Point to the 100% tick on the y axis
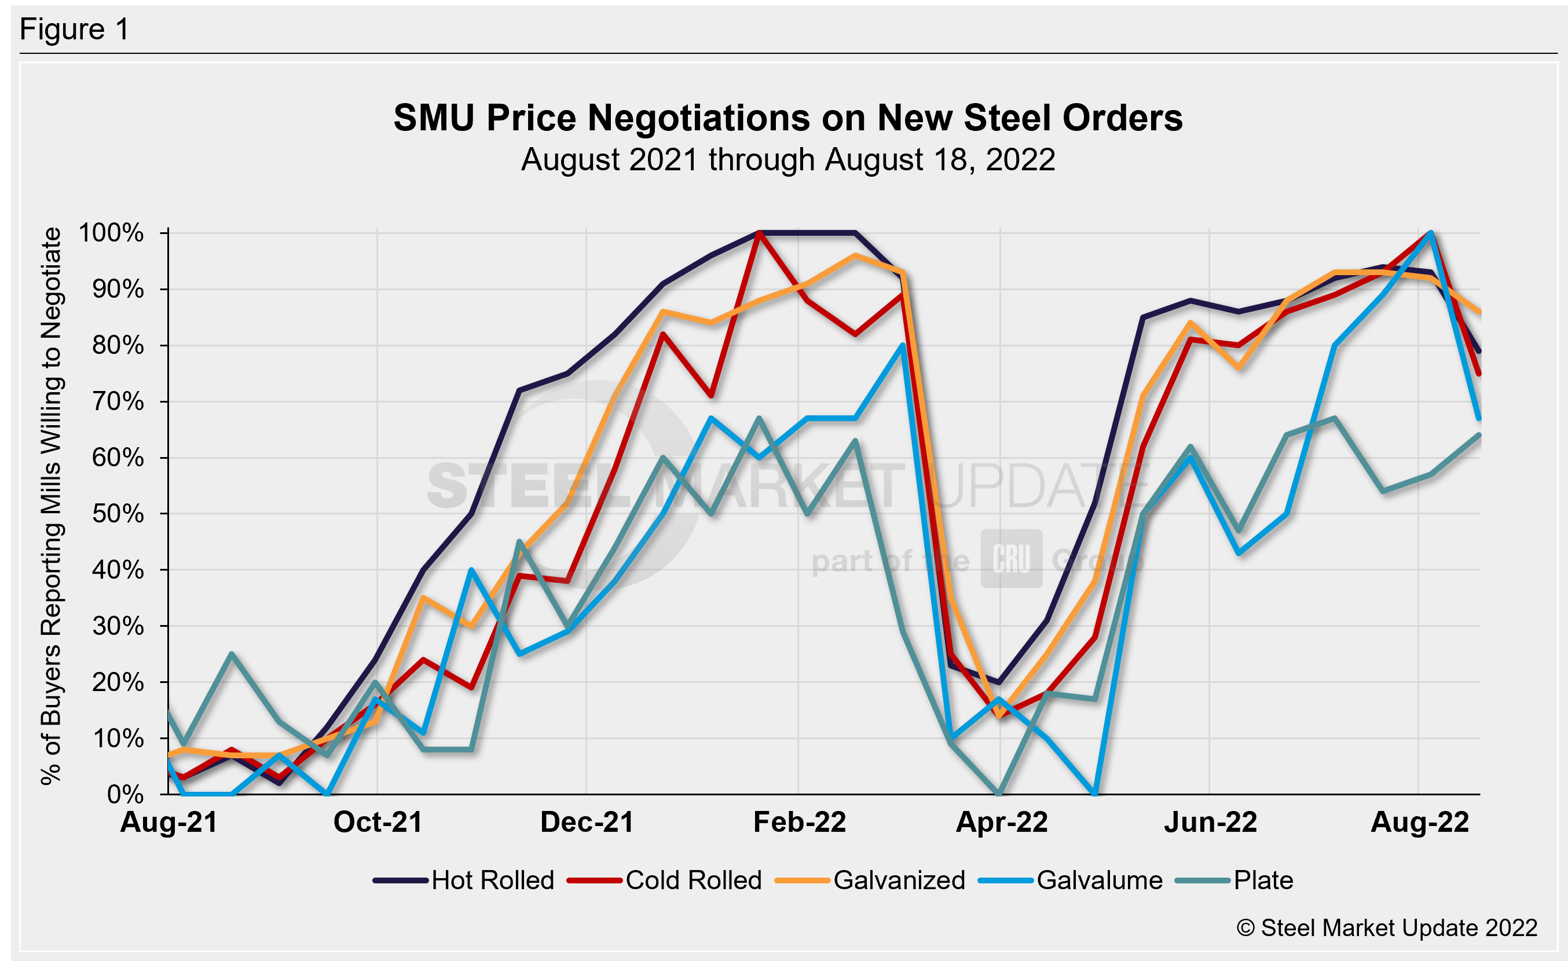coord(111,233)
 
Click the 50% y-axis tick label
coord(118,514)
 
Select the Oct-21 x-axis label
coord(378,822)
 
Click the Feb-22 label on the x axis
coord(799,822)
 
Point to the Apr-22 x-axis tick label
coord(1002,822)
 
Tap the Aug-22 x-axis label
coord(1419,822)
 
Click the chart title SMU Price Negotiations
coord(788,118)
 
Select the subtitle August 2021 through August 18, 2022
coord(788,159)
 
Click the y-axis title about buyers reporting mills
coord(51,506)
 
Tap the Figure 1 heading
coord(75,30)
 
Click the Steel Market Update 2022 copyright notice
coord(1387,928)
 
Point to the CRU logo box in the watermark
coord(1011,558)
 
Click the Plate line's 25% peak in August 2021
coord(232,653)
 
